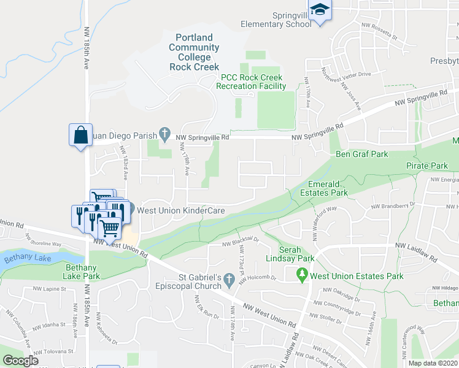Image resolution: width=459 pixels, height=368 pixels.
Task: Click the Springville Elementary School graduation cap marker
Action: [320, 10]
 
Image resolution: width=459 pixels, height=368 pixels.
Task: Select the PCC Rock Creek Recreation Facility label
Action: [251, 82]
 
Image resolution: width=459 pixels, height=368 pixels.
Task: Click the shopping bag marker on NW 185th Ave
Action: [80, 134]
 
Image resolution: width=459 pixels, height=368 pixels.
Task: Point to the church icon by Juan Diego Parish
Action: [164, 132]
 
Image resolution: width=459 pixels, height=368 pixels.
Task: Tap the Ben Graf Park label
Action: [361, 154]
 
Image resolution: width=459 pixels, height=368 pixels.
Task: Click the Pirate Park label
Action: [426, 166]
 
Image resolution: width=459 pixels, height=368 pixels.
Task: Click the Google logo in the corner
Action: [20, 361]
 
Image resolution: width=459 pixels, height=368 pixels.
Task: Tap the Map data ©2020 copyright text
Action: [433, 363]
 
